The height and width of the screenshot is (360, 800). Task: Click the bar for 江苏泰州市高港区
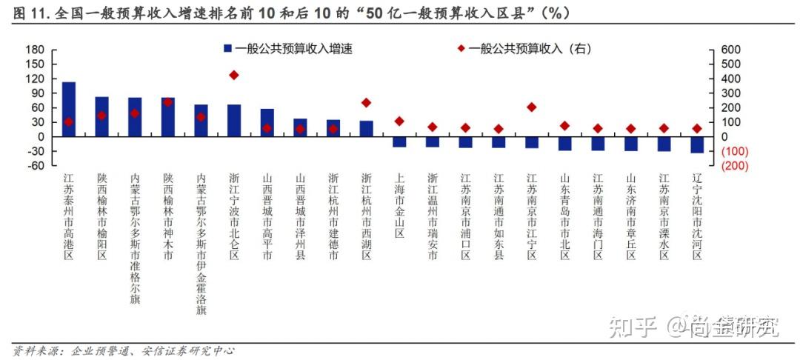(x=69, y=110)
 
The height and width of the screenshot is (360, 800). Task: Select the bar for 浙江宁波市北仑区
(x=234, y=121)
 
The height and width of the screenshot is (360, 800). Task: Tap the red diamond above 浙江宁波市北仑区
(x=234, y=75)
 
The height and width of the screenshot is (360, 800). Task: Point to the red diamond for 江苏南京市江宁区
(x=531, y=107)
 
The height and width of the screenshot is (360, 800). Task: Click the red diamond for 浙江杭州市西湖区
(x=366, y=103)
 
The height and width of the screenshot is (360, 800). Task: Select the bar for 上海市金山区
(x=399, y=141)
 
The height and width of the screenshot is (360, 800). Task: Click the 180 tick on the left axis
(x=36, y=50)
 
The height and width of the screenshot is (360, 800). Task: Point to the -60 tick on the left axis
(x=36, y=165)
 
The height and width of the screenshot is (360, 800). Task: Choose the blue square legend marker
(x=228, y=49)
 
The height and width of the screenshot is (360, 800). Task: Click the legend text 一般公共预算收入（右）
(x=530, y=49)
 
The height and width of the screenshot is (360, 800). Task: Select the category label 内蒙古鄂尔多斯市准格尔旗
(x=135, y=239)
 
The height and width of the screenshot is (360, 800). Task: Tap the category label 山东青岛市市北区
(x=564, y=217)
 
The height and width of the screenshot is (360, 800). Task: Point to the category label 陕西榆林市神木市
(x=168, y=217)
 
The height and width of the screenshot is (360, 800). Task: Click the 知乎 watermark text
(x=632, y=326)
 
